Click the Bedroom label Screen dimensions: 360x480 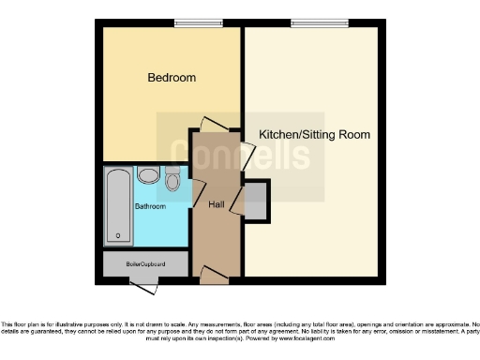click(172, 77)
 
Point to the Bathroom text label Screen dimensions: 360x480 click(150, 205)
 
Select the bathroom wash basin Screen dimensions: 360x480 click(148, 175)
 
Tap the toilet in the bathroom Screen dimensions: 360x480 click(172, 180)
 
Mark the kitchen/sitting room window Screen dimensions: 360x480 click(308, 22)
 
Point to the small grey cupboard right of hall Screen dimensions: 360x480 click(256, 200)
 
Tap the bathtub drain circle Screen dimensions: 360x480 click(118, 235)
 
